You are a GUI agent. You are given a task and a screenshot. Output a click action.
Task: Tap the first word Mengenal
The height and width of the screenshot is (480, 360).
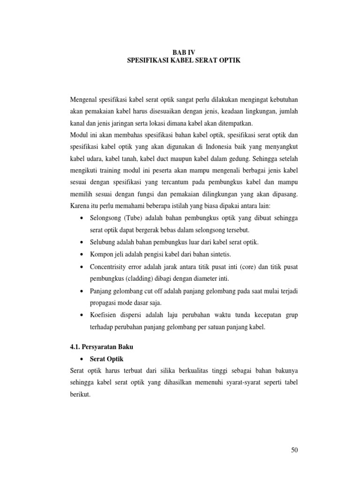coord(83,100)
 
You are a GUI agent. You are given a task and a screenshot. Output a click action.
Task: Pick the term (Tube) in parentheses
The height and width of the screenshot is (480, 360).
coord(130,218)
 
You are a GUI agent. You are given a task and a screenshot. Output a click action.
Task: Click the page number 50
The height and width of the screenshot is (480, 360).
coord(294,450)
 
